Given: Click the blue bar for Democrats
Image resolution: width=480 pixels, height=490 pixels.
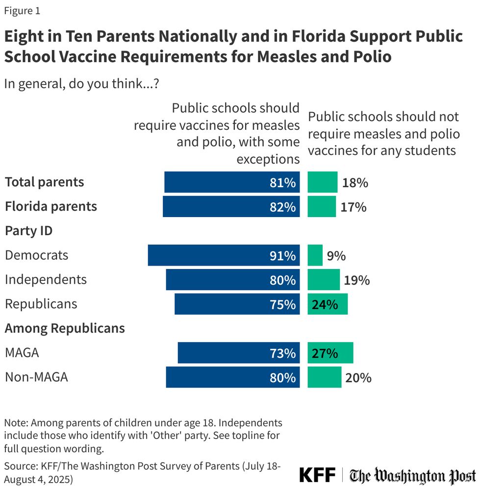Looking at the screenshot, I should [224, 255].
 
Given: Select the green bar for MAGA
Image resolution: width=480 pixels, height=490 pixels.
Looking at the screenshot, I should [330, 353].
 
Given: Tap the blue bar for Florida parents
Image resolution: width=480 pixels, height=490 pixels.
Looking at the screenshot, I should [231, 206].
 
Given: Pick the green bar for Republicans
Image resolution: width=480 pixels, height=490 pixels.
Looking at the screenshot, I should [328, 304].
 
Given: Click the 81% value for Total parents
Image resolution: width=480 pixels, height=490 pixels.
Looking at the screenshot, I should [283, 182].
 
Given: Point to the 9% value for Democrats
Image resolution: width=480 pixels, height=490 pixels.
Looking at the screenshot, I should [336, 256].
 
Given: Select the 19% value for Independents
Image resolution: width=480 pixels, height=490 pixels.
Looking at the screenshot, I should [356, 280].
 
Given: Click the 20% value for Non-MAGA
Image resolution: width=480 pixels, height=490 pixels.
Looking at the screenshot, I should [358, 378].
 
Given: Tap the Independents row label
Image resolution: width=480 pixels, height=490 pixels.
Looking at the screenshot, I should [46, 279].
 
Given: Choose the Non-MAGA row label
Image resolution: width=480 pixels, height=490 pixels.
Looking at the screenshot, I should [36, 377].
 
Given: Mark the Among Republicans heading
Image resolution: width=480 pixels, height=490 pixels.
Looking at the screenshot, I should [65, 328].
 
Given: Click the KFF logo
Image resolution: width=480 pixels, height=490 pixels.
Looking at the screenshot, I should [317, 475].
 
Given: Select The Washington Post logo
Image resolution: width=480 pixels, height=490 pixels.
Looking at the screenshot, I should [413, 476].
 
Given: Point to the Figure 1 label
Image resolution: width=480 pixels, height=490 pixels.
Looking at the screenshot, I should [22, 11].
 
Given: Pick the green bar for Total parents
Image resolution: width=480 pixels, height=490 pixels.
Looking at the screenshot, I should [323, 182].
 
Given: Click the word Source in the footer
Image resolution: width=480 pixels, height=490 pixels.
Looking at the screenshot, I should [19, 465].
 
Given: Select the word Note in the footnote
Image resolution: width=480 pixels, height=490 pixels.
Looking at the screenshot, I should [14, 422].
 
